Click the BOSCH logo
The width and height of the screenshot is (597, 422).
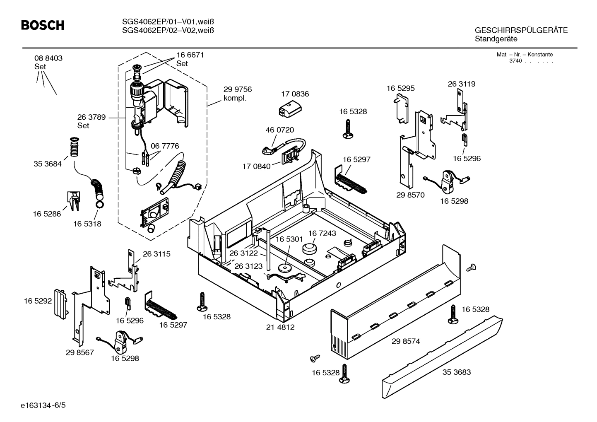[x=43, y=26]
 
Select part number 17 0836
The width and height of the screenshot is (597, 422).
[x=294, y=94]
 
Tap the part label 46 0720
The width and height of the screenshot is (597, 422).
[x=279, y=130]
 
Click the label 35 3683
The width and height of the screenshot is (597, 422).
[x=456, y=372]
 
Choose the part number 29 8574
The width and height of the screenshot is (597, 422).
[x=406, y=341]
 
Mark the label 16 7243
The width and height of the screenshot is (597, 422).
[x=322, y=234]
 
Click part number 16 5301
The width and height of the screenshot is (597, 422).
[x=289, y=239]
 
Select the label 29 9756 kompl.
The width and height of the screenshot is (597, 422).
[x=237, y=94]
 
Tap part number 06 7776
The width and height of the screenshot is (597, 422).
[x=165, y=146]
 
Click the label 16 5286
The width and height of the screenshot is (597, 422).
[x=47, y=214]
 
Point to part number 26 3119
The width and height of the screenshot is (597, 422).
[x=461, y=84]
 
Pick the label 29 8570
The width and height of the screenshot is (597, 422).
[x=410, y=195]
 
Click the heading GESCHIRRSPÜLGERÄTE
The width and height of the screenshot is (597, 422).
[x=521, y=31]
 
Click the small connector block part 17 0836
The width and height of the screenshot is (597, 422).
[x=288, y=109]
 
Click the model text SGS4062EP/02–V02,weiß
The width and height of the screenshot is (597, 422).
[x=168, y=30]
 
